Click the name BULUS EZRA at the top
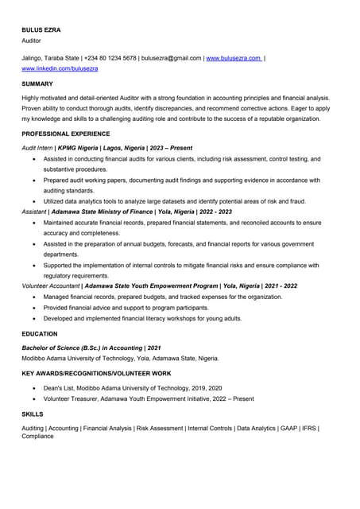pos(41,30)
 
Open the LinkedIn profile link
pos(60,69)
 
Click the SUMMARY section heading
pos(37,84)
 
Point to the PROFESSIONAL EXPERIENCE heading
pos(66,134)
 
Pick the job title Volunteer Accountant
pos(51,286)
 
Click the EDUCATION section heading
pos(40,334)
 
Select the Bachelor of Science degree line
pos(91,348)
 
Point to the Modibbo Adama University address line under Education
pos(120,358)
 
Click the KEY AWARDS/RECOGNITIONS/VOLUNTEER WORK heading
pos(96,373)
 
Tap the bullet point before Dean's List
pos(33,388)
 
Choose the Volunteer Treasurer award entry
pos(149,398)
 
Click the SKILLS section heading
pos(33,414)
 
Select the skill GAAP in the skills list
pos(288,428)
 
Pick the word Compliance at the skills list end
pos(38,437)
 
